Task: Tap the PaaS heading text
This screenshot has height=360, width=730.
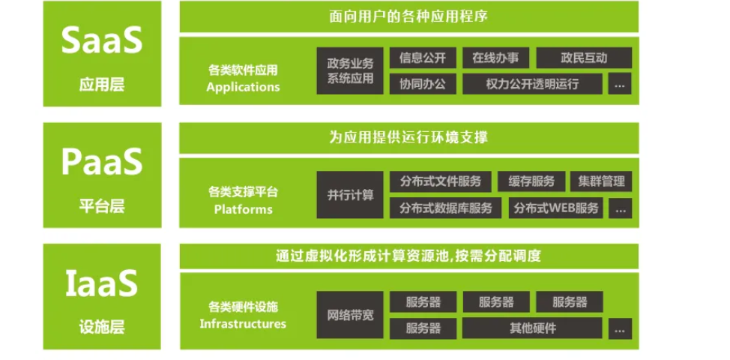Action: pos(102,162)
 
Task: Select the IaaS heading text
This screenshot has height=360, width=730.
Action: pos(102,283)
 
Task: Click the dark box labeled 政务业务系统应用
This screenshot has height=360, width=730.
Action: pos(350,70)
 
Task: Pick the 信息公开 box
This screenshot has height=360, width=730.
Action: pos(423,58)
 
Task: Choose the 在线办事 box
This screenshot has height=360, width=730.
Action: pos(495,58)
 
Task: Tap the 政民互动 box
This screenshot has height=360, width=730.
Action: pos(583,58)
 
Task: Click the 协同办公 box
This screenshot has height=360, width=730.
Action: pos(423,83)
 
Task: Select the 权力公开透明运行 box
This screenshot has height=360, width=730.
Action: pos(532,83)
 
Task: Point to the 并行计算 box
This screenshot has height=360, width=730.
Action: pos(350,195)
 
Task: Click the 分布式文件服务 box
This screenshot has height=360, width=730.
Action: pos(440,182)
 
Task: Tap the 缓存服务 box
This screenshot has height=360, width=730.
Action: pos(531,182)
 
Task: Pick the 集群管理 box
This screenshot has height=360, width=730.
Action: pos(600,182)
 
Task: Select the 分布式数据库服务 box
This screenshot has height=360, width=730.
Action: pos(446,208)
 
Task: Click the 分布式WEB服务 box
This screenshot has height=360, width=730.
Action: pos(556,208)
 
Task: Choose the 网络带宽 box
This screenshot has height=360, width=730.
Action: pos(350,315)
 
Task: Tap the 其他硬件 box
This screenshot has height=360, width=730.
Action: pos(532,328)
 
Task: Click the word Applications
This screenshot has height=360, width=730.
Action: pos(243,86)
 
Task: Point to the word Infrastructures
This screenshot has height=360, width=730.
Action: pos(243,324)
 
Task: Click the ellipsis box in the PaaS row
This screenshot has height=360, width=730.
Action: pos(619,208)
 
